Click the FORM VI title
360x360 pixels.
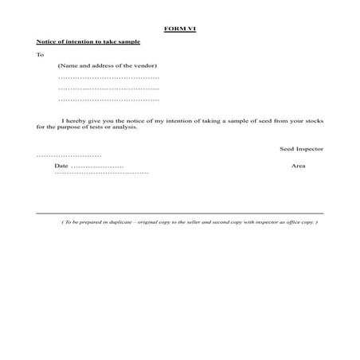[x=179, y=28]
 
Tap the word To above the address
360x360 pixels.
[x=40, y=55]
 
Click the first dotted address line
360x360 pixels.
[x=109, y=78]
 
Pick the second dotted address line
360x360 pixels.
[x=109, y=89]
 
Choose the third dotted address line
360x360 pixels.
[x=109, y=100]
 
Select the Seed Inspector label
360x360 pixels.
[x=301, y=149]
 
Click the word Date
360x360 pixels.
[x=61, y=166]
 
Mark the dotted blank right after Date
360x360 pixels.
[x=97, y=166]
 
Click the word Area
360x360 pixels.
[x=299, y=166]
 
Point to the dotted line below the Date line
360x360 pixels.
[x=101, y=173]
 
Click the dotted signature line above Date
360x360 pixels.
[x=69, y=155]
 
